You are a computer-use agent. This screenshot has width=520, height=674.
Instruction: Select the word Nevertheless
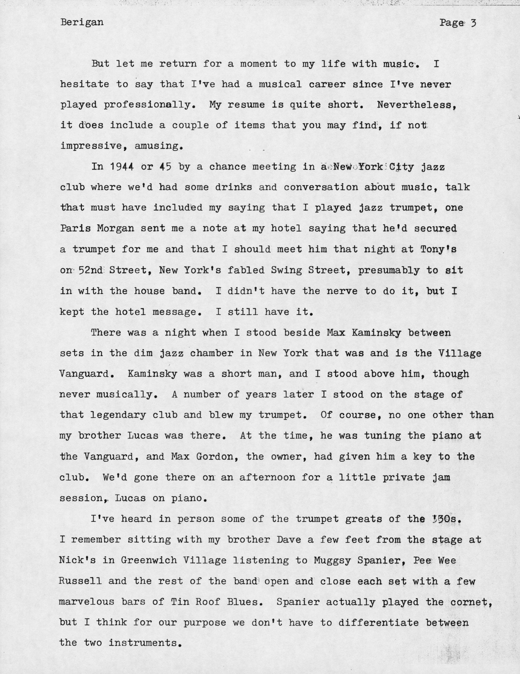point(416,105)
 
